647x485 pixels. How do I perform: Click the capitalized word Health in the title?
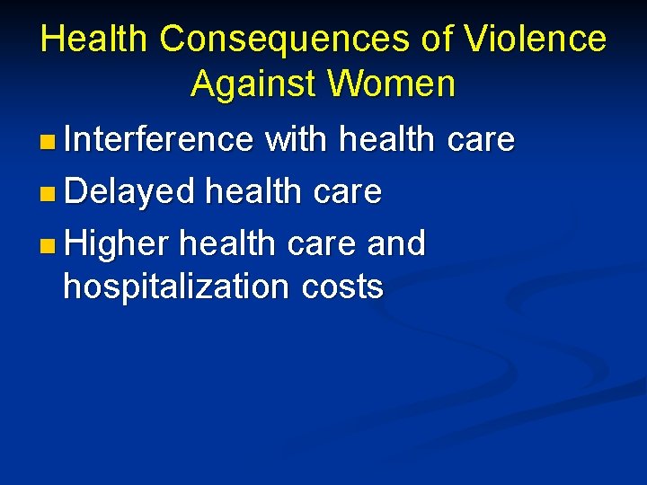94,39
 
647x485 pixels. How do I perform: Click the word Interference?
159,139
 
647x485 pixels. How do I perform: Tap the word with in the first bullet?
297,139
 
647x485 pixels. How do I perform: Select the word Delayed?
129,190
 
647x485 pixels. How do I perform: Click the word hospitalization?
174,287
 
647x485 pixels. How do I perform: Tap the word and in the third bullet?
398,242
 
